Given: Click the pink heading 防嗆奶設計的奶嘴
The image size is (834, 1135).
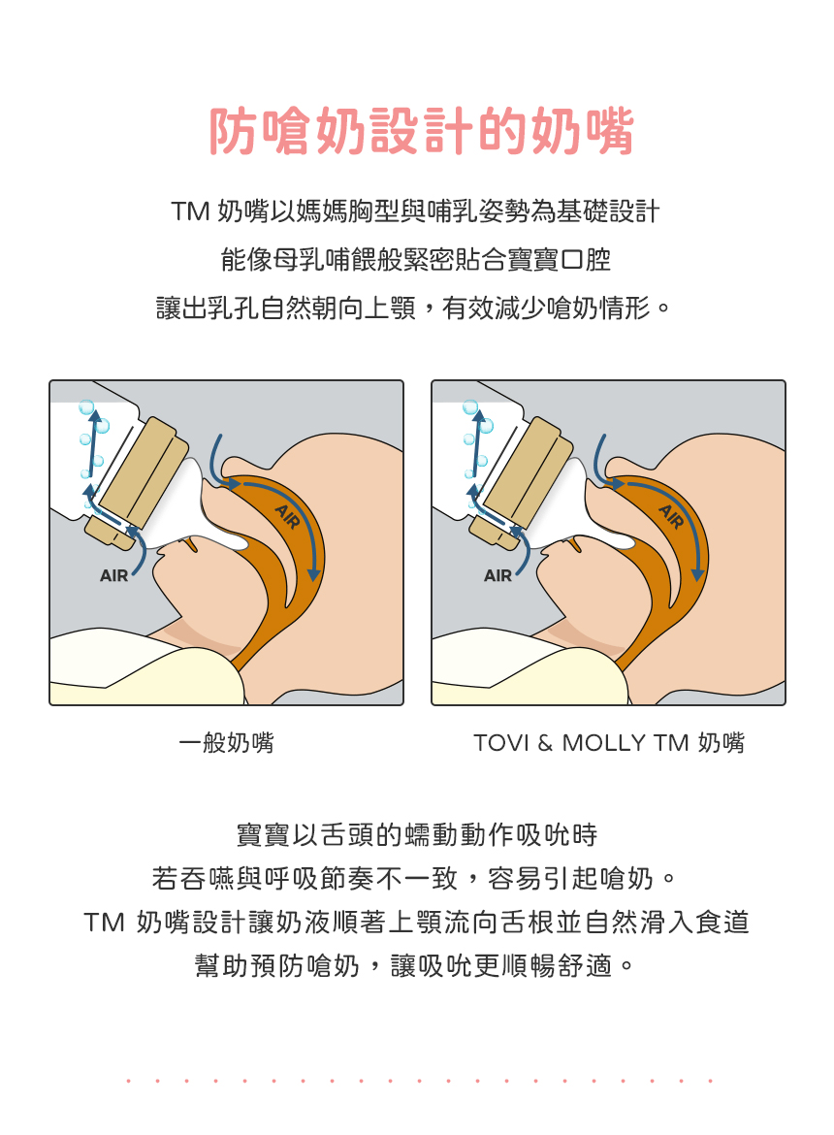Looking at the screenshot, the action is coord(421,131).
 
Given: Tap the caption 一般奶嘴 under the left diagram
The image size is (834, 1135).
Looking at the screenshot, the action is coord(226,743).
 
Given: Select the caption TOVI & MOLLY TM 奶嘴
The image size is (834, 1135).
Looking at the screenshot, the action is coord(609,743).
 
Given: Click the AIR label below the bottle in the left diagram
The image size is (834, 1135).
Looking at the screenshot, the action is coord(113,575).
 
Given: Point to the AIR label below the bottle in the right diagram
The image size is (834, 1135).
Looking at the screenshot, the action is coord(497,575).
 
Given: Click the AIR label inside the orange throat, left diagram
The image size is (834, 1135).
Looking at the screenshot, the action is coord(287,517).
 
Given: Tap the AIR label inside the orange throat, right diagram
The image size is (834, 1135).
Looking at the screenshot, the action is coord(671,517).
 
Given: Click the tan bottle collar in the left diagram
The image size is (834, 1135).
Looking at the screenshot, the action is coord(138,481).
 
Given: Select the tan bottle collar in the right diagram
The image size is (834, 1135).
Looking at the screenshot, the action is coord(522,481).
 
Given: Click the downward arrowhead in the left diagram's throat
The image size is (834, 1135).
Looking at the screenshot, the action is coord(314,574).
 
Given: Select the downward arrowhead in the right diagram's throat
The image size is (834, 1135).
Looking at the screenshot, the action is coord(697,574).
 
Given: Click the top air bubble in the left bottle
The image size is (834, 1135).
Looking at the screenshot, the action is coord(87,406).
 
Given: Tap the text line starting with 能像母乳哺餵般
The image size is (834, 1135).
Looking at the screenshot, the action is coord(416,259).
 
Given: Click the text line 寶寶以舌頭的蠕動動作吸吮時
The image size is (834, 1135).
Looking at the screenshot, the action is coord(417,834).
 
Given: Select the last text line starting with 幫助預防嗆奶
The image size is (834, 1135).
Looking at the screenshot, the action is coord(415,965).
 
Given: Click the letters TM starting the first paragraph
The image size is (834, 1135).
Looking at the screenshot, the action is coord(190,211).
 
